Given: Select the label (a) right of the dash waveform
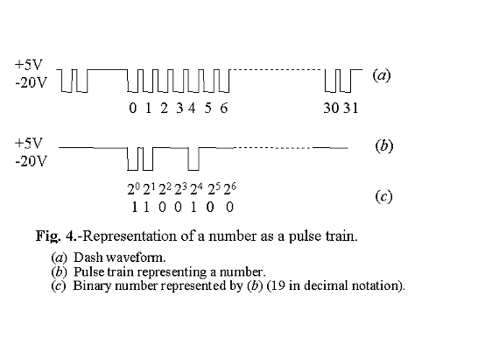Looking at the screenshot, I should (382, 75).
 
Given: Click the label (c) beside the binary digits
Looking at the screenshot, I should (383, 196).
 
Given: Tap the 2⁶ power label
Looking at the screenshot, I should (231, 187).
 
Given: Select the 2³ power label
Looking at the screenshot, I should (180, 187).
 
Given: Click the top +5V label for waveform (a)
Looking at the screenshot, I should (28, 64).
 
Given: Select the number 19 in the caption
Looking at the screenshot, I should (300, 285).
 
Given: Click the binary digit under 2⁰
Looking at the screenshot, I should (133, 206).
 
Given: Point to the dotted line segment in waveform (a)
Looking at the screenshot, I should (276, 69).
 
